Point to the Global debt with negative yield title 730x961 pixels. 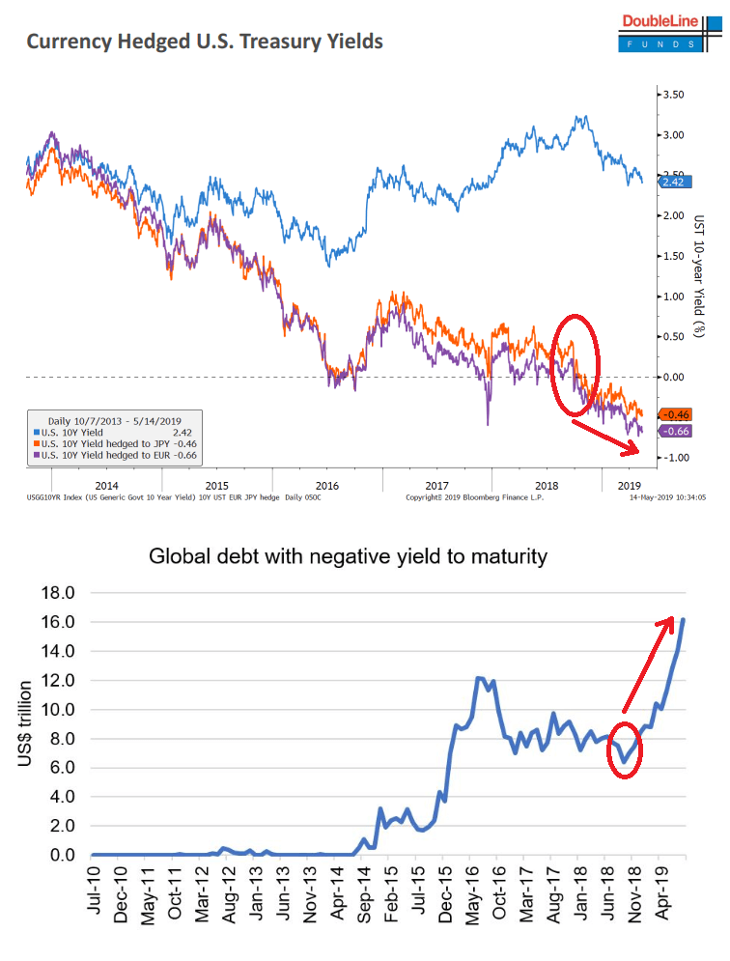(348, 556)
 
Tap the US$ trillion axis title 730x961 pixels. (26, 723)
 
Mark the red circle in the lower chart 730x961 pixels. (625, 749)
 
